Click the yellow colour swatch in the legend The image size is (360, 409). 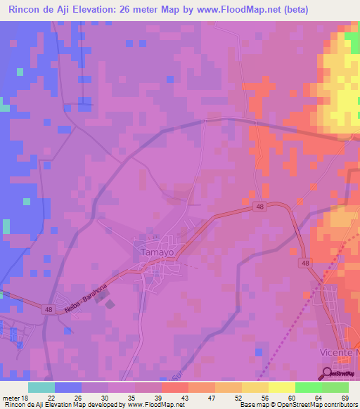point(281,387)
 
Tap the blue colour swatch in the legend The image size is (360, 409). point(67,387)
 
